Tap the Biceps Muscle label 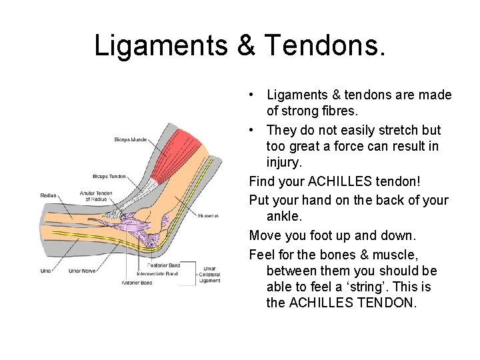click(x=130, y=140)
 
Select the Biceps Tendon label click(x=110, y=176)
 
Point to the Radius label click(x=49, y=196)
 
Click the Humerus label click(x=209, y=216)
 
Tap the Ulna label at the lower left click(x=45, y=271)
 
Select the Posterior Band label click(x=163, y=265)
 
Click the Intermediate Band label click(x=157, y=273)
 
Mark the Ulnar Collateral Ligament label click(x=209, y=273)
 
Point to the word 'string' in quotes click(x=390, y=287)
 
